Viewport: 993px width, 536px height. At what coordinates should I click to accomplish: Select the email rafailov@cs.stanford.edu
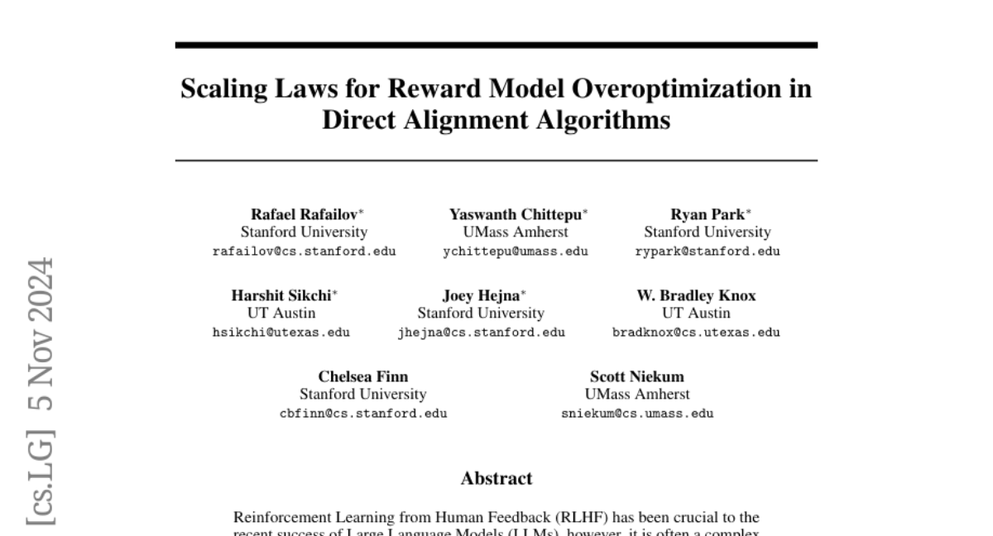tap(305, 251)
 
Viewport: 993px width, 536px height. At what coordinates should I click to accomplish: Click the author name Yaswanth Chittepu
tap(515, 214)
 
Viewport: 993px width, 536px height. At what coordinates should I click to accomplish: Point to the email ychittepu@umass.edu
tap(516, 251)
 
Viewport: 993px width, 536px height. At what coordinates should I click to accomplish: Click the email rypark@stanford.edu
tap(708, 251)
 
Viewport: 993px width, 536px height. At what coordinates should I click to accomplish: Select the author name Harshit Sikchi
tap(281, 295)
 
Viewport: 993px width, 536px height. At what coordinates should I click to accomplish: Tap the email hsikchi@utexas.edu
tap(281, 333)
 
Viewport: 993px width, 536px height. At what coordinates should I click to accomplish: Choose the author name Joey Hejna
tap(478, 295)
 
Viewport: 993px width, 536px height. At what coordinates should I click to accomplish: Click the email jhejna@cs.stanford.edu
tap(482, 333)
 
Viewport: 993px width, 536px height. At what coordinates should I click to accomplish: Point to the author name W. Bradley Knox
tap(696, 295)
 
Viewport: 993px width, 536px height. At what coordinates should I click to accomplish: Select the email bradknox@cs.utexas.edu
tap(696, 333)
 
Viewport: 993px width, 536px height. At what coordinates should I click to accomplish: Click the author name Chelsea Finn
tap(363, 376)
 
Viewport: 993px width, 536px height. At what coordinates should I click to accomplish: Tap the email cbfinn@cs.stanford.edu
tap(363, 414)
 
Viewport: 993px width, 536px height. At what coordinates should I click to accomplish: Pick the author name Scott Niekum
tap(637, 376)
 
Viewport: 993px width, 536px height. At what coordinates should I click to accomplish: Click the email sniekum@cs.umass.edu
tap(637, 414)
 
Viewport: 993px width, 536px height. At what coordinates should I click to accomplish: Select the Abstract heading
tap(496, 478)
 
